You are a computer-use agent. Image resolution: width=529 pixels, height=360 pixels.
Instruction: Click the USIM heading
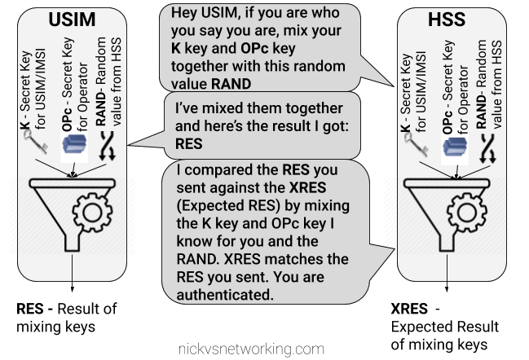coord(76,20)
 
